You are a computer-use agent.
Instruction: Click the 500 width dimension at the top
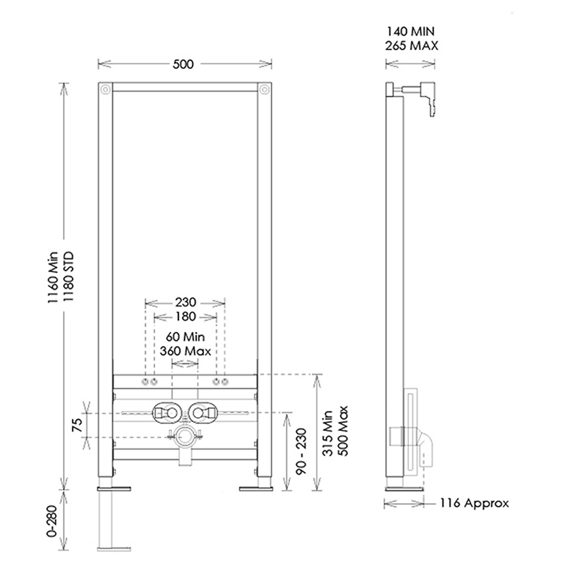[x=184, y=64]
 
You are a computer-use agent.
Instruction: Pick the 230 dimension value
[x=185, y=303]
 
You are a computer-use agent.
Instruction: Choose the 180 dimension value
[x=185, y=317]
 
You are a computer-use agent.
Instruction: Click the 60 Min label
[x=185, y=337]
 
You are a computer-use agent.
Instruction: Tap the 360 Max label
[x=185, y=351]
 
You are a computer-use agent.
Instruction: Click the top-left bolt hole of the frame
[x=104, y=89]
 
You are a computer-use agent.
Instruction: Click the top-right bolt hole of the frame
[x=264, y=89]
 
